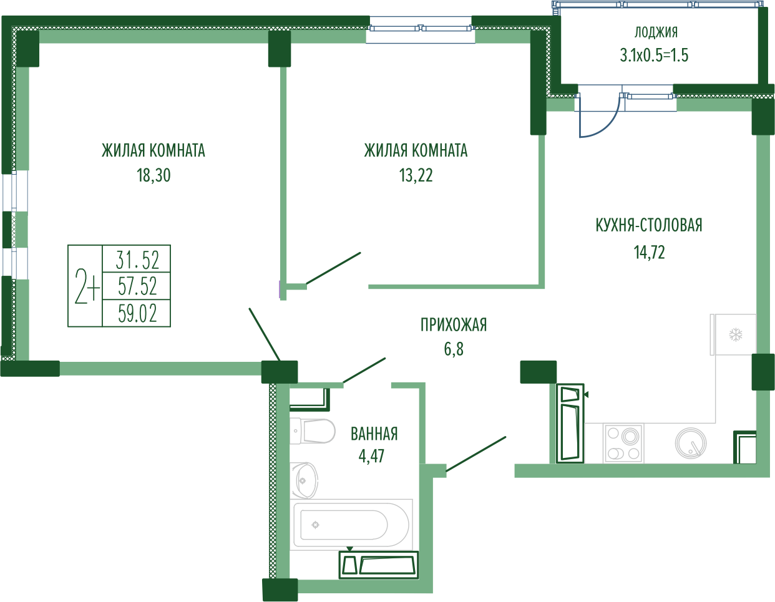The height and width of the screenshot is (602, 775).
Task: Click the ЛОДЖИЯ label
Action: (x=656, y=33)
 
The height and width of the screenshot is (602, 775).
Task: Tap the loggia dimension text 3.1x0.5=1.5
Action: (x=654, y=56)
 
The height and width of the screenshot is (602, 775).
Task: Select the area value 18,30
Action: (x=154, y=176)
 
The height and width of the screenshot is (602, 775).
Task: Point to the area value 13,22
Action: (x=416, y=176)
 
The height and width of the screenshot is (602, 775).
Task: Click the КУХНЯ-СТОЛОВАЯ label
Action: (x=649, y=226)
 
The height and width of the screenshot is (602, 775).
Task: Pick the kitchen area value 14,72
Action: (x=649, y=253)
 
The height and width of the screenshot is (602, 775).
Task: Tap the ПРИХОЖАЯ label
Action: (x=453, y=325)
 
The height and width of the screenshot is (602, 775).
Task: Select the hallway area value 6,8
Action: (x=454, y=349)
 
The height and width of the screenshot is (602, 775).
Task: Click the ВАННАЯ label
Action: (x=374, y=434)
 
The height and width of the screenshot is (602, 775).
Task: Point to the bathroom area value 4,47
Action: (x=372, y=456)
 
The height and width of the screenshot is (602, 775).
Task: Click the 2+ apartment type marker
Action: (x=85, y=286)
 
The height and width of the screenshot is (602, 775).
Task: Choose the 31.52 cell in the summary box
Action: (x=137, y=260)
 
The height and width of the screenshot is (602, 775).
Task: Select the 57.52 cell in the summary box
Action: (x=137, y=286)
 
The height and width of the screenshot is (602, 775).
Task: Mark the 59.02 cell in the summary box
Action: (x=137, y=313)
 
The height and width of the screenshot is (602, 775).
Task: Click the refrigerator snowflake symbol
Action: (x=736, y=334)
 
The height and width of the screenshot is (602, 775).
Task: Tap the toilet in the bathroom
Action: (x=313, y=431)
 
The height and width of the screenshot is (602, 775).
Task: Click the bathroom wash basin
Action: (x=305, y=480)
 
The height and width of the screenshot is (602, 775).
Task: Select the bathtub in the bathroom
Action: (x=351, y=525)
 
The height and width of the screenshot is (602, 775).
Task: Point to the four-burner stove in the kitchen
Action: (x=623, y=444)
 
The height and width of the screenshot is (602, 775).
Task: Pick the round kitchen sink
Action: (x=691, y=444)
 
